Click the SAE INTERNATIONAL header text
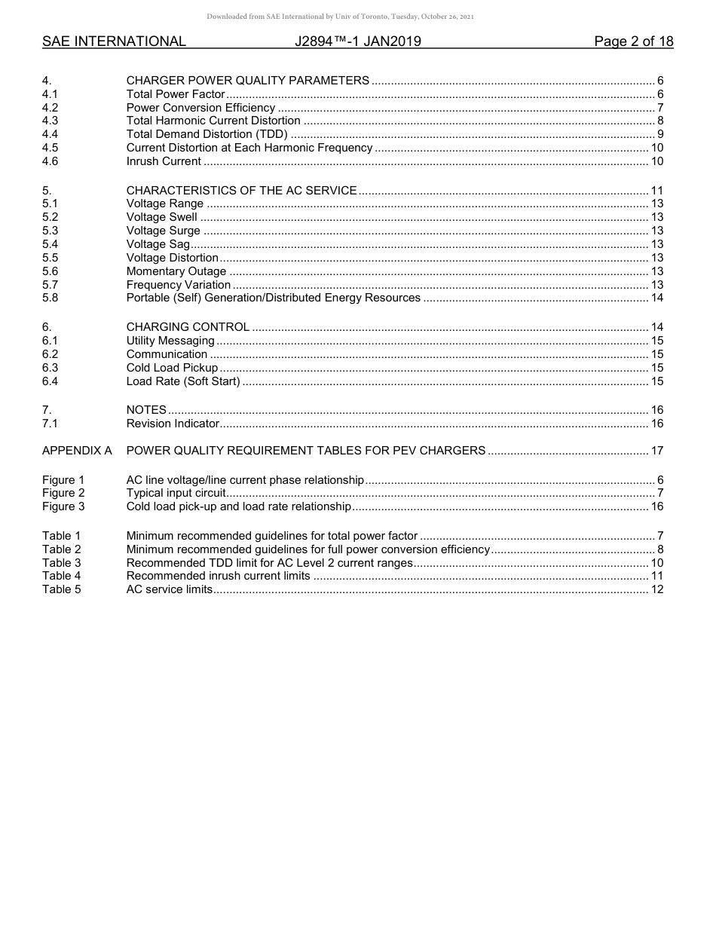pyautogui.click(x=114, y=41)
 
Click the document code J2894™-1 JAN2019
pyautogui.click(x=358, y=41)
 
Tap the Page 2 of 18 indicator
pyautogui.click(x=633, y=41)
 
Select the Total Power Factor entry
pyautogui.click(x=176, y=94)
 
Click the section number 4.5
pyautogui.click(x=50, y=148)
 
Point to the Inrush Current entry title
pyautogui.click(x=164, y=161)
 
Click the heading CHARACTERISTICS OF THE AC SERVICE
pyautogui.click(x=241, y=191)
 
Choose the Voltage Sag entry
pyautogui.click(x=158, y=244)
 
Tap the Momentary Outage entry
pyautogui.click(x=176, y=271)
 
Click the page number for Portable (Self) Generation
pyautogui.click(x=656, y=298)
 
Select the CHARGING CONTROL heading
pyautogui.click(x=188, y=327)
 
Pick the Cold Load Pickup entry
pyautogui.click(x=172, y=368)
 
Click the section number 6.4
pyautogui.click(x=50, y=381)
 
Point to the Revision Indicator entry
pyautogui.click(x=173, y=424)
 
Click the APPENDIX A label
pyautogui.click(x=77, y=451)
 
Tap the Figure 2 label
pyautogui.click(x=63, y=493)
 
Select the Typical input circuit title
pyautogui.click(x=176, y=493)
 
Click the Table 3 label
pyautogui.click(x=61, y=563)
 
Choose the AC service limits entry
pyautogui.click(x=170, y=589)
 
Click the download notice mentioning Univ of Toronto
pyautogui.click(x=340, y=17)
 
